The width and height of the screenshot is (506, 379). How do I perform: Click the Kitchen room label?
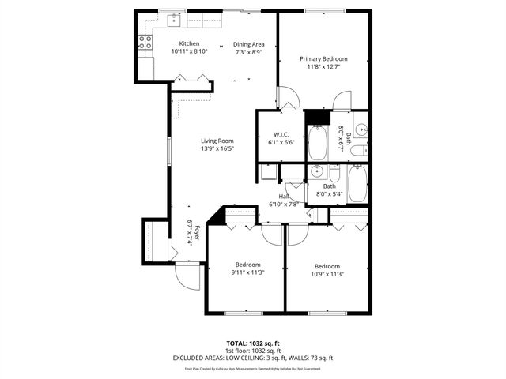coord(189,43)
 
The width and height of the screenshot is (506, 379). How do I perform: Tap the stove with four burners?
coord(145,43)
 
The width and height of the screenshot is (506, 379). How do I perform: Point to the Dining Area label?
coord(248,43)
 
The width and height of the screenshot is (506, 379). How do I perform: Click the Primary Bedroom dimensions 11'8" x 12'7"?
coord(323,66)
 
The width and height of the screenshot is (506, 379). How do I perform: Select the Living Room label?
coord(216,141)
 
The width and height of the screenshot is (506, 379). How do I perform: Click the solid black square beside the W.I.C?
coord(317,117)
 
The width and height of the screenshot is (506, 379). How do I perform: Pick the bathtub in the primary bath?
coord(318,143)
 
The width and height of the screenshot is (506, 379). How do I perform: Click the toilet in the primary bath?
coord(357,150)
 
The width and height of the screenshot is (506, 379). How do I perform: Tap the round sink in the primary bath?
coord(360,128)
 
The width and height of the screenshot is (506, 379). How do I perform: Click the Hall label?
coord(284,196)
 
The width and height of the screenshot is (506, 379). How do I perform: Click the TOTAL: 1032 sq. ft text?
coord(253,343)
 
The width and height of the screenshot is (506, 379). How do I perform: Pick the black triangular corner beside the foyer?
coord(213,216)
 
